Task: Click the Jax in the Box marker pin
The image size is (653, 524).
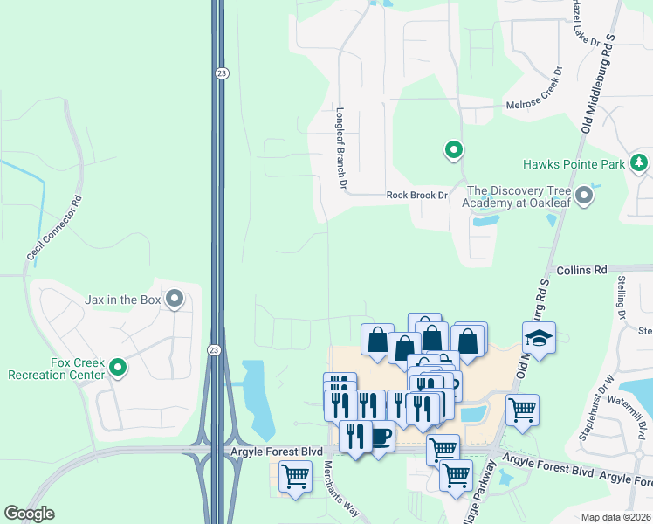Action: point(175,300)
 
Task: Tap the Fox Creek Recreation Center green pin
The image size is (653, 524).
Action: point(118,369)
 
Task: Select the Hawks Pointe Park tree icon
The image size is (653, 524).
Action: point(639,163)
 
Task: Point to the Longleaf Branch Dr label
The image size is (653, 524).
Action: point(341,149)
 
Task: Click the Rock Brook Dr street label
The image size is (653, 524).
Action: point(416,196)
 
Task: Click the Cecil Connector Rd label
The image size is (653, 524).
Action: point(54,229)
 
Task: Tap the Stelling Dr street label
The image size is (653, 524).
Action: point(622,296)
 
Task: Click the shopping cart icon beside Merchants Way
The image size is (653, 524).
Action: point(295,477)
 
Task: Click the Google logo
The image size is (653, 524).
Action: point(29,514)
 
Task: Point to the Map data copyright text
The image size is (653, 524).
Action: point(615,517)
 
